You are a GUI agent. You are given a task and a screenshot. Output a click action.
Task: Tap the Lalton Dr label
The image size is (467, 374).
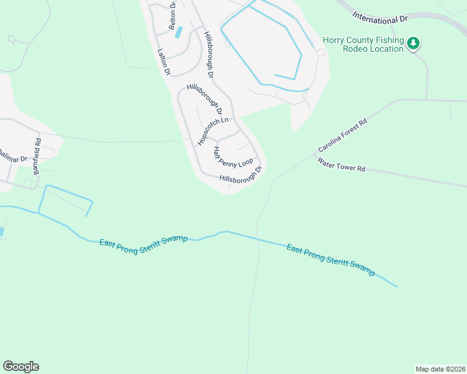click(x=164, y=62)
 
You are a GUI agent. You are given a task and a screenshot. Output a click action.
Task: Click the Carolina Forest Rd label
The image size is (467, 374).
click(x=342, y=136)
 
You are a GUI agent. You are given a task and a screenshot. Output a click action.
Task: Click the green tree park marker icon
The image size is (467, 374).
click(x=413, y=43)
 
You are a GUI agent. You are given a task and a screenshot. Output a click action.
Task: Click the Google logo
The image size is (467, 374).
click(x=21, y=367)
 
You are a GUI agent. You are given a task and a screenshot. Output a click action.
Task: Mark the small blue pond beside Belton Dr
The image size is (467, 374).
click(x=179, y=31)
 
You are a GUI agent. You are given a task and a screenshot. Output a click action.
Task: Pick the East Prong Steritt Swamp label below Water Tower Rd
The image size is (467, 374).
click(x=331, y=259)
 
